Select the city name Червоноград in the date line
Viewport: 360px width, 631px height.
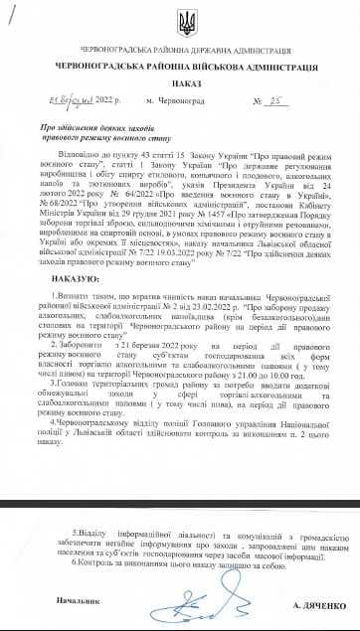coord(180,103)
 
